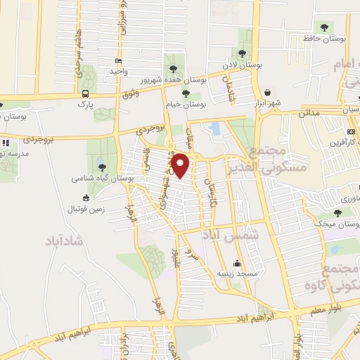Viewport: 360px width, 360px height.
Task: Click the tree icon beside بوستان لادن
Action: (x=242, y=53)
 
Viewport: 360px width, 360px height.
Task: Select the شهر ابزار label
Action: (x=268, y=103)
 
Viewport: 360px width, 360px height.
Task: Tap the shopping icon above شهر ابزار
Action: (x=268, y=92)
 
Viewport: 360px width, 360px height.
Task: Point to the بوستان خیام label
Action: (x=186, y=103)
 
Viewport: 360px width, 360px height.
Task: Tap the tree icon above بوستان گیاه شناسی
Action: (x=103, y=167)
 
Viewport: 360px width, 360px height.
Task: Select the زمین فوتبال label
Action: (x=85, y=209)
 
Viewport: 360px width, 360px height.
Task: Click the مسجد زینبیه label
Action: (x=237, y=272)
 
